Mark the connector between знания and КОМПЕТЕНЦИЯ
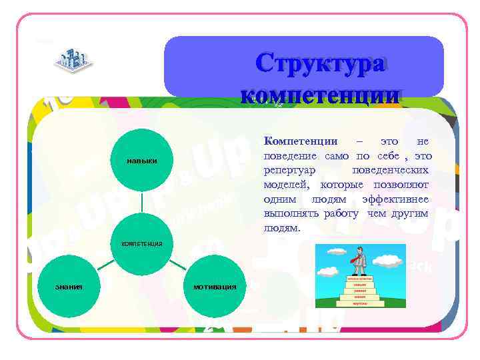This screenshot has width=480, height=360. [x=103, y=266]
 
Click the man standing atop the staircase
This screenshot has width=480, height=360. [x=359, y=261]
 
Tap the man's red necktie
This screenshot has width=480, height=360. [x=359, y=256]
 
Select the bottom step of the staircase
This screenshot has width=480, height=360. [x=359, y=303]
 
